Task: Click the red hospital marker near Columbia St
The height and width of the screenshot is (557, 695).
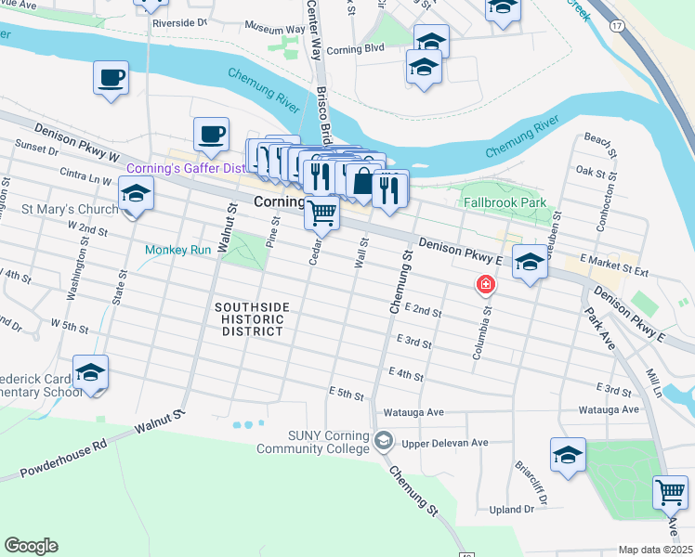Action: [x=485, y=283]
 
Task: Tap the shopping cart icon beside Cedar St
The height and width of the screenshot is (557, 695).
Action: [x=322, y=214]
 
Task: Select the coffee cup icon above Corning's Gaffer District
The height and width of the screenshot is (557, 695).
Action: [x=211, y=135]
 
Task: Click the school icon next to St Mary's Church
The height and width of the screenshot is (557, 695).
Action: [x=136, y=194]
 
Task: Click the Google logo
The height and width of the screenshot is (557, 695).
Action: [x=31, y=546]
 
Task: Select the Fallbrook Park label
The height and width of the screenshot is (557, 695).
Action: [x=507, y=201]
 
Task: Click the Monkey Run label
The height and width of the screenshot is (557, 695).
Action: [x=177, y=250]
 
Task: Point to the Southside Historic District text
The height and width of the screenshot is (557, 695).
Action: [x=251, y=319]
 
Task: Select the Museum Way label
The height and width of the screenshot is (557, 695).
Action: [x=274, y=29]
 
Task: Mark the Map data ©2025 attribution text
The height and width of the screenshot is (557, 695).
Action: [x=655, y=550]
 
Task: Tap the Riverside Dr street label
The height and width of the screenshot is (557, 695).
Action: [x=179, y=21]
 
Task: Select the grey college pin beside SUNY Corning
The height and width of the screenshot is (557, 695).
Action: [x=384, y=439]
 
